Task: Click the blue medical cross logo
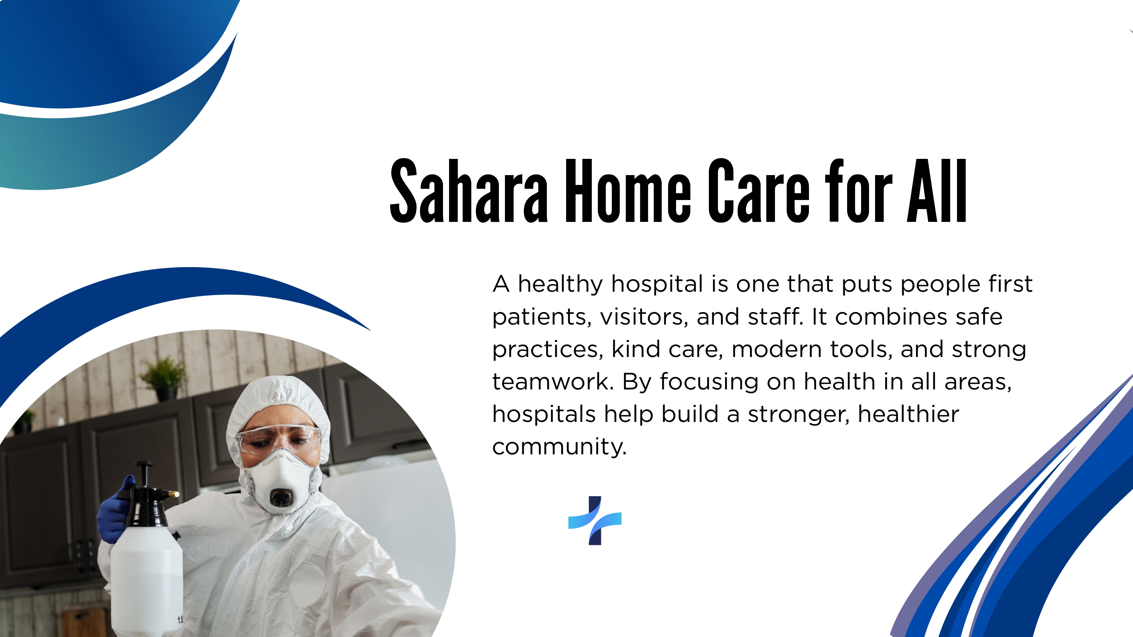(x=595, y=520)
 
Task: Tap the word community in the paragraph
(x=559, y=447)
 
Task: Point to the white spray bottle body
(x=147, y=580)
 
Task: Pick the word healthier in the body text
(x=908, y=414)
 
